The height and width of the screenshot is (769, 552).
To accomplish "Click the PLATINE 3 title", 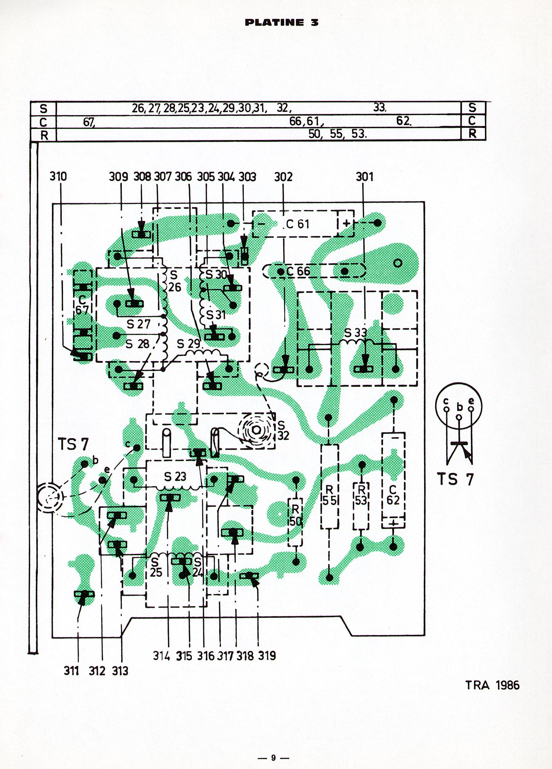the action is pos(282,23).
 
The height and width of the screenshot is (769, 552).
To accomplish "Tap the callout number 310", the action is pos(59,176).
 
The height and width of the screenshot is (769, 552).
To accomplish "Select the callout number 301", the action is pos(365,177).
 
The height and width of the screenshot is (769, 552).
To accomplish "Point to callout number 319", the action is pos(267,656).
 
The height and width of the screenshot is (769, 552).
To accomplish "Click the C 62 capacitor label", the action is pos(393,495).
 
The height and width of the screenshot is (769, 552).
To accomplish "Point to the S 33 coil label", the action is pos(355,333).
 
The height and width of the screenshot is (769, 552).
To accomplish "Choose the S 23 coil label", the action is pos(175,477).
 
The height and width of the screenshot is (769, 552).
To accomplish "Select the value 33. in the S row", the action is pos(380,108).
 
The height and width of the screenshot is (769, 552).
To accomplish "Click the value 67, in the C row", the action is pos(89,122).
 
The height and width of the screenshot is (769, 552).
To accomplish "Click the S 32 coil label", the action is pos(283,430).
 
